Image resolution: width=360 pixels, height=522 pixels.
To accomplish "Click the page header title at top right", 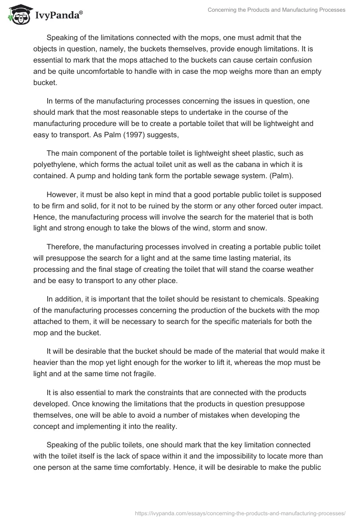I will click(276, 10).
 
